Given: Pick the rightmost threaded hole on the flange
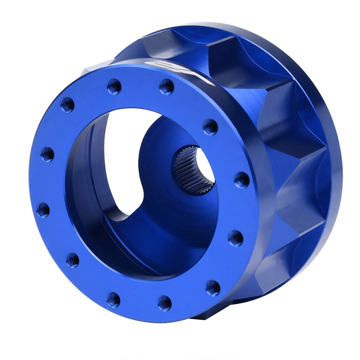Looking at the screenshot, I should [242, 180].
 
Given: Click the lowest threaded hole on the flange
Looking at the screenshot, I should [165, 302].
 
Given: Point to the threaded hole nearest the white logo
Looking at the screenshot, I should [166, 87].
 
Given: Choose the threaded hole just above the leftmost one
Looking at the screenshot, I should [47, 154].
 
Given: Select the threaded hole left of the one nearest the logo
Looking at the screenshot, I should [114, 86].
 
